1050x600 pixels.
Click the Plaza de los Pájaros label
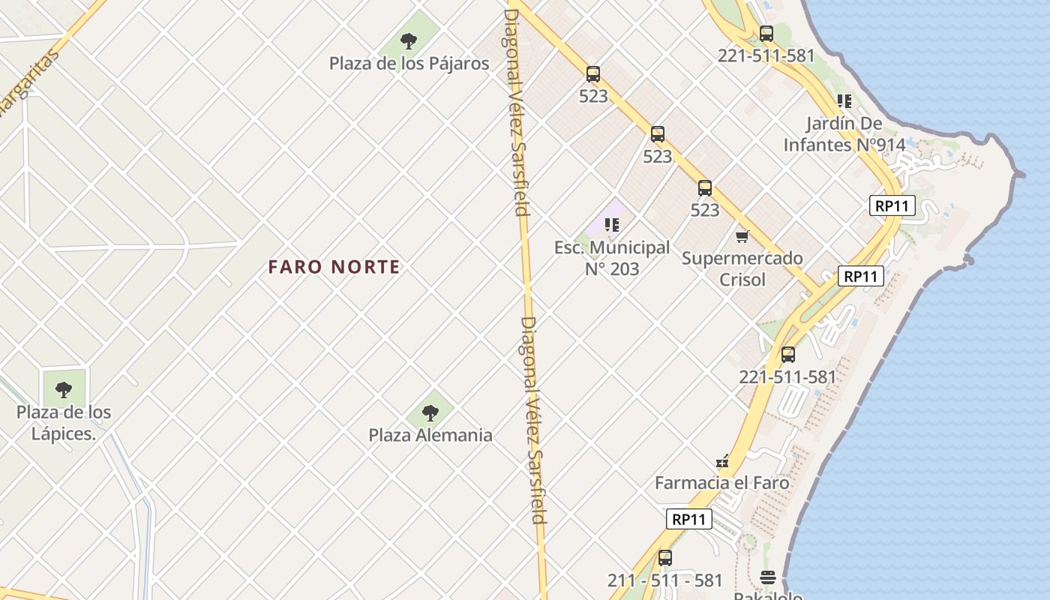pyautogui.click(x=409, y=63)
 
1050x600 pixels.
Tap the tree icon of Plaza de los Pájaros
pyautogui.click(x=409, y=40)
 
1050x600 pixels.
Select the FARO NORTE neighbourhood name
pyautogui.click(x=334, y=267)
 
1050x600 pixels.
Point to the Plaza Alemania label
pyautogui.click(x=430, y=435)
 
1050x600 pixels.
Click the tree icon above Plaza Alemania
pyautogui.click(x=430, y=412)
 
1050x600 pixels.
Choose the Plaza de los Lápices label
pyautogui.click(x=64, y=422)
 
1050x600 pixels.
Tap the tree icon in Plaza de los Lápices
pyautogui.click(x=64, y=390)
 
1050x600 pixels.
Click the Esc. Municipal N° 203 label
pyautogui.click(x=612, y=257)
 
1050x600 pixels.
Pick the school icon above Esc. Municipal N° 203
pyautogui.click(x=612, y=224)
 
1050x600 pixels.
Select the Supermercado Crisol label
pyautogui.click(x=742, y=268)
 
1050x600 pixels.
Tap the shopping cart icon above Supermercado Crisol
pyautogui.click(x=742, y=237)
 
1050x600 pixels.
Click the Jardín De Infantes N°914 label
pyautogui.click(x=844, y=133)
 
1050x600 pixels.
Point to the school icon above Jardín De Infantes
pyautogui.click(x=844, y=100)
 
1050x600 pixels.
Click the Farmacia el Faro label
pyautogui.click(x=722, y=482)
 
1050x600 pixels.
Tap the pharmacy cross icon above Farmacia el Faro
pyautogui.click(x=722, y=461)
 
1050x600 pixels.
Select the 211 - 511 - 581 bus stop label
pyautogui.click(x=665, y=580)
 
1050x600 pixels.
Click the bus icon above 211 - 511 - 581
pyautogui.click(x=665, y=558)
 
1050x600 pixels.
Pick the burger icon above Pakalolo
pyautogui.click(x=767, y=577)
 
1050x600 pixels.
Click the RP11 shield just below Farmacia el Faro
pyautogui.click(x=689, y=518)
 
